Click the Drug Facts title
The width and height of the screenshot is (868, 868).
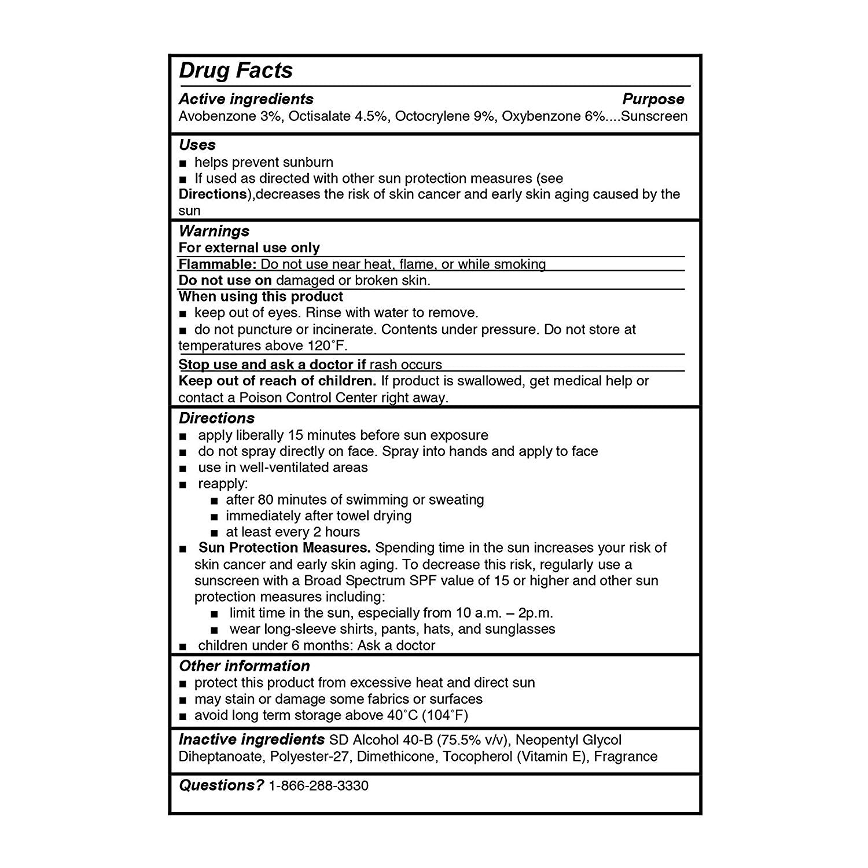(236, 71)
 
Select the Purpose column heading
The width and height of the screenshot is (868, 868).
(653, 99)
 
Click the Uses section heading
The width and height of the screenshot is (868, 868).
(197, 145)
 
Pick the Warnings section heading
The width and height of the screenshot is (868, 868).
(214, 231)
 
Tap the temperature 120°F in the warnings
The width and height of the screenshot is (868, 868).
(326, 346)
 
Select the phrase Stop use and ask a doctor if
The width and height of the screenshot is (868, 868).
(272, 365)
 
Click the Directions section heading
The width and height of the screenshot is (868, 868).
(216, 418)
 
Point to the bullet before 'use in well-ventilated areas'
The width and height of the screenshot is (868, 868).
(183, 468)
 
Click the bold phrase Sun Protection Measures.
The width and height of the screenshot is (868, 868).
(284, 547)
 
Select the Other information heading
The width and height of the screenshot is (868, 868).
(244, 665)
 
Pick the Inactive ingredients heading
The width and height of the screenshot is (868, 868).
(251, 740)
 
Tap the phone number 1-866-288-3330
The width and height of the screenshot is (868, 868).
(318, 785)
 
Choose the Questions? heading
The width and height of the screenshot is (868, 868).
(221, 785)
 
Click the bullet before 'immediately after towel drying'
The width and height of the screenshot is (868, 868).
(215, 517)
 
